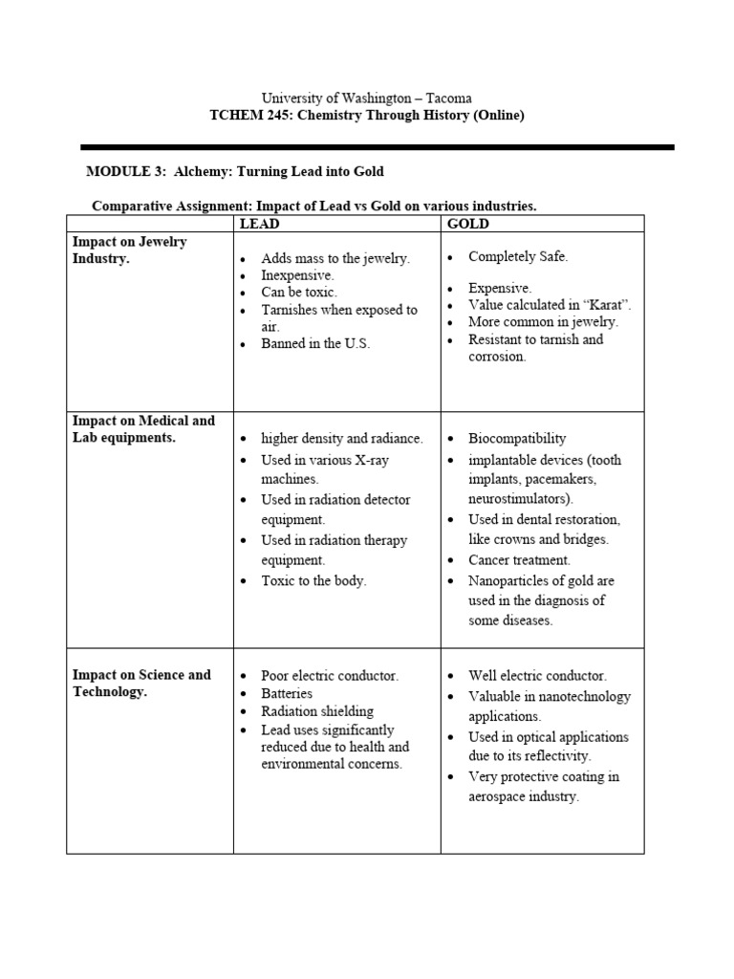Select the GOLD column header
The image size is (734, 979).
point(468,224)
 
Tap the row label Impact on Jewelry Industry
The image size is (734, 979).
point(130,250)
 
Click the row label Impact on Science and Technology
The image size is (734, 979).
point(141,683)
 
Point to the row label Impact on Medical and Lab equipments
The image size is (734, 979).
point(143,428)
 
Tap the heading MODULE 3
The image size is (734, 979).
point(119,171)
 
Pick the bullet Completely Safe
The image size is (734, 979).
point(518,257)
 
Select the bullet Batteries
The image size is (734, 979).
point(287,693)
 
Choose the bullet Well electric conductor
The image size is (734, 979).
point(537,675)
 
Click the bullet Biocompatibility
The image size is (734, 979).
point(517,439)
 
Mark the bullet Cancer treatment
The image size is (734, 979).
point(519,560)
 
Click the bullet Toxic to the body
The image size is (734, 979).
point(313,580)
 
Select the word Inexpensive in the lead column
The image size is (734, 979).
point(297,275)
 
